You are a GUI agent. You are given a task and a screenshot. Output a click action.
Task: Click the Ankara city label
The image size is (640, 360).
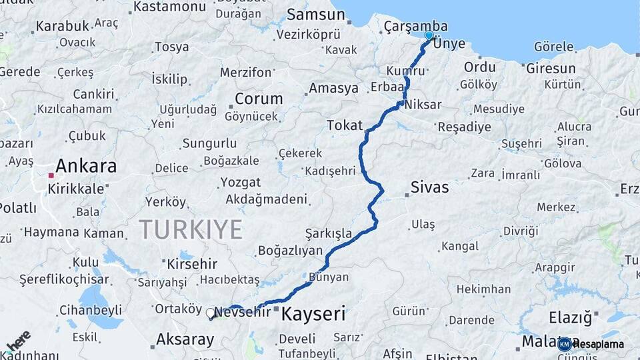pos(86,166)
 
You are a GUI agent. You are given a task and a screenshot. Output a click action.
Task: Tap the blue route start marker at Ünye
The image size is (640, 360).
pos(429,36)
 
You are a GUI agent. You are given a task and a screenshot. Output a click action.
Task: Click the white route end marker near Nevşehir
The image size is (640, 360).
pos(211,313)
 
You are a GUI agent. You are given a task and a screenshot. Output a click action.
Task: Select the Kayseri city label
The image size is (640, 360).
pos(313,313)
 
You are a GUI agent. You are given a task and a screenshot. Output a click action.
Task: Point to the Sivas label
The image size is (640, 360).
pos(429,187)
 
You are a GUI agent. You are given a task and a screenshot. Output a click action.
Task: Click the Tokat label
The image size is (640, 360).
pos(345,125)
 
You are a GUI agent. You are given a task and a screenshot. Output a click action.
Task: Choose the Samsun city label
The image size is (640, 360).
pos(308,14)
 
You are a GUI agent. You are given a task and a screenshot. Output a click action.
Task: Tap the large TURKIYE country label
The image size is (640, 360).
pos(191,230)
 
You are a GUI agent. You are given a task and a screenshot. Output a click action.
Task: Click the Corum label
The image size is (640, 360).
pos(259,99)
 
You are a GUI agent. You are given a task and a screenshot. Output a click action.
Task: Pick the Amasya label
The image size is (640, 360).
pos(333,89)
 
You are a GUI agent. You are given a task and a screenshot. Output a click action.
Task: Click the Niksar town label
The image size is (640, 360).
pos(423,104)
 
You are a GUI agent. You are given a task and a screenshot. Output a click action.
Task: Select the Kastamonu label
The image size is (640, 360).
pos(169,7)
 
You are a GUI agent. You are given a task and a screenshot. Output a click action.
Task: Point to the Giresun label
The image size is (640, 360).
pos(551,69)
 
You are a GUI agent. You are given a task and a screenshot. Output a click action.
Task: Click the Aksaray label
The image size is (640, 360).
pos(185,340)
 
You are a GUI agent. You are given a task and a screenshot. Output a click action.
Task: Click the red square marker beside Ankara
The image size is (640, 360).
pos(51,175)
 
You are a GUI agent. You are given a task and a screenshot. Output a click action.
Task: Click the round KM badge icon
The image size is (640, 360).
pos(565,344)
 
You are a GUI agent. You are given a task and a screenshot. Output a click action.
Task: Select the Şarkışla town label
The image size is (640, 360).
pos(328,233)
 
